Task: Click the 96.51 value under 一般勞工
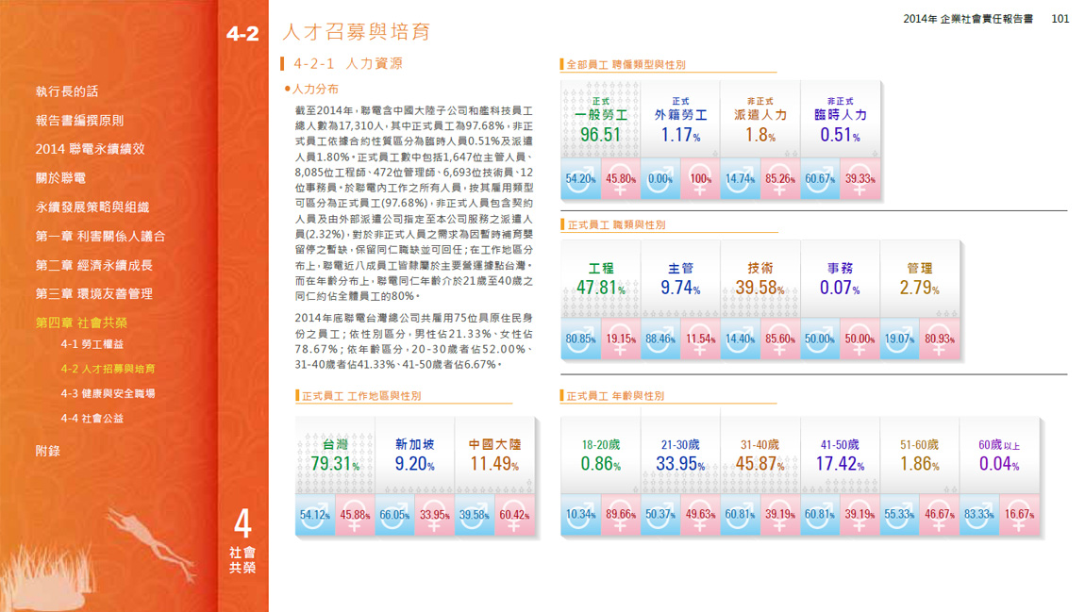click(x=600, y=135)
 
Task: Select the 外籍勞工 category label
click(x=680, y=115)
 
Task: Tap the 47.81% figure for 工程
click(x=601, y=289)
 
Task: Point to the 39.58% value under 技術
click(x=759, y=289)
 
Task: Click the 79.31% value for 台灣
click(x=335, y=464)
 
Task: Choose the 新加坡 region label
click(x=414, y=444)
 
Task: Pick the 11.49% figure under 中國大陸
click(x=494, y=464)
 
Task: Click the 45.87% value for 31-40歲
click(x=759, y=464)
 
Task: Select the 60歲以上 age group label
click(x=999, y=445)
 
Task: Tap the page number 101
click(x=1060, y=18)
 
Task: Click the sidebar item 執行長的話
click(x=67, y=91)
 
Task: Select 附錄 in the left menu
click(x=48, y=451)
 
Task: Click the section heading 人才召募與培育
click(x=357, y=33)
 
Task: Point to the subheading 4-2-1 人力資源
click(x=347, y=64)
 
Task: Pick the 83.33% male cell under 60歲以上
click(x=978, y=515)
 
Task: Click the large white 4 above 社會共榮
click(x=242, y=524)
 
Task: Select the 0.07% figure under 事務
click(x=840, y=289)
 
